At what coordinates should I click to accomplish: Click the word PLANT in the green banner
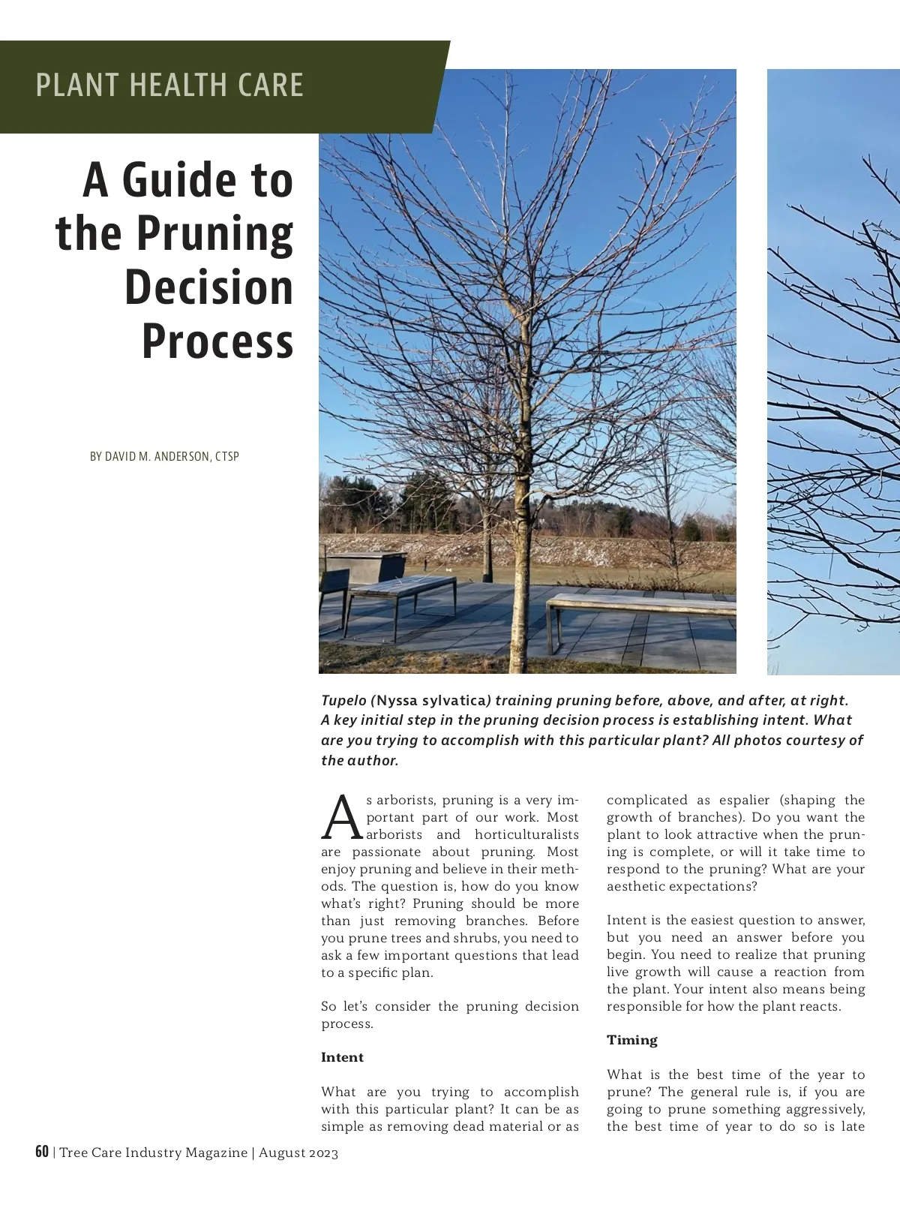pos(73,86)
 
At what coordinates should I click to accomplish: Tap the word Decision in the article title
pos(208,288)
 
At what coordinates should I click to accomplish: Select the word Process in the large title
pos(217,341)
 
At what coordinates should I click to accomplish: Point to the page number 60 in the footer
pos(42,1152)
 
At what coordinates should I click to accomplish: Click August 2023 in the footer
pos(298,1152)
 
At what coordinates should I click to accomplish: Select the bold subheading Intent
pos(342,1057)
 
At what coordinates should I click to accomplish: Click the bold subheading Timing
pos(631,1040)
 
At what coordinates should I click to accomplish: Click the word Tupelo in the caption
pos(344,700)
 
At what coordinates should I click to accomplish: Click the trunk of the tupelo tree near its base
pos(519,638)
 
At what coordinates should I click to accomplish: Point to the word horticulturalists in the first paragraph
pos(526,834)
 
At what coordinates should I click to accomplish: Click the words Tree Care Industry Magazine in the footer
pos(153,1152)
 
